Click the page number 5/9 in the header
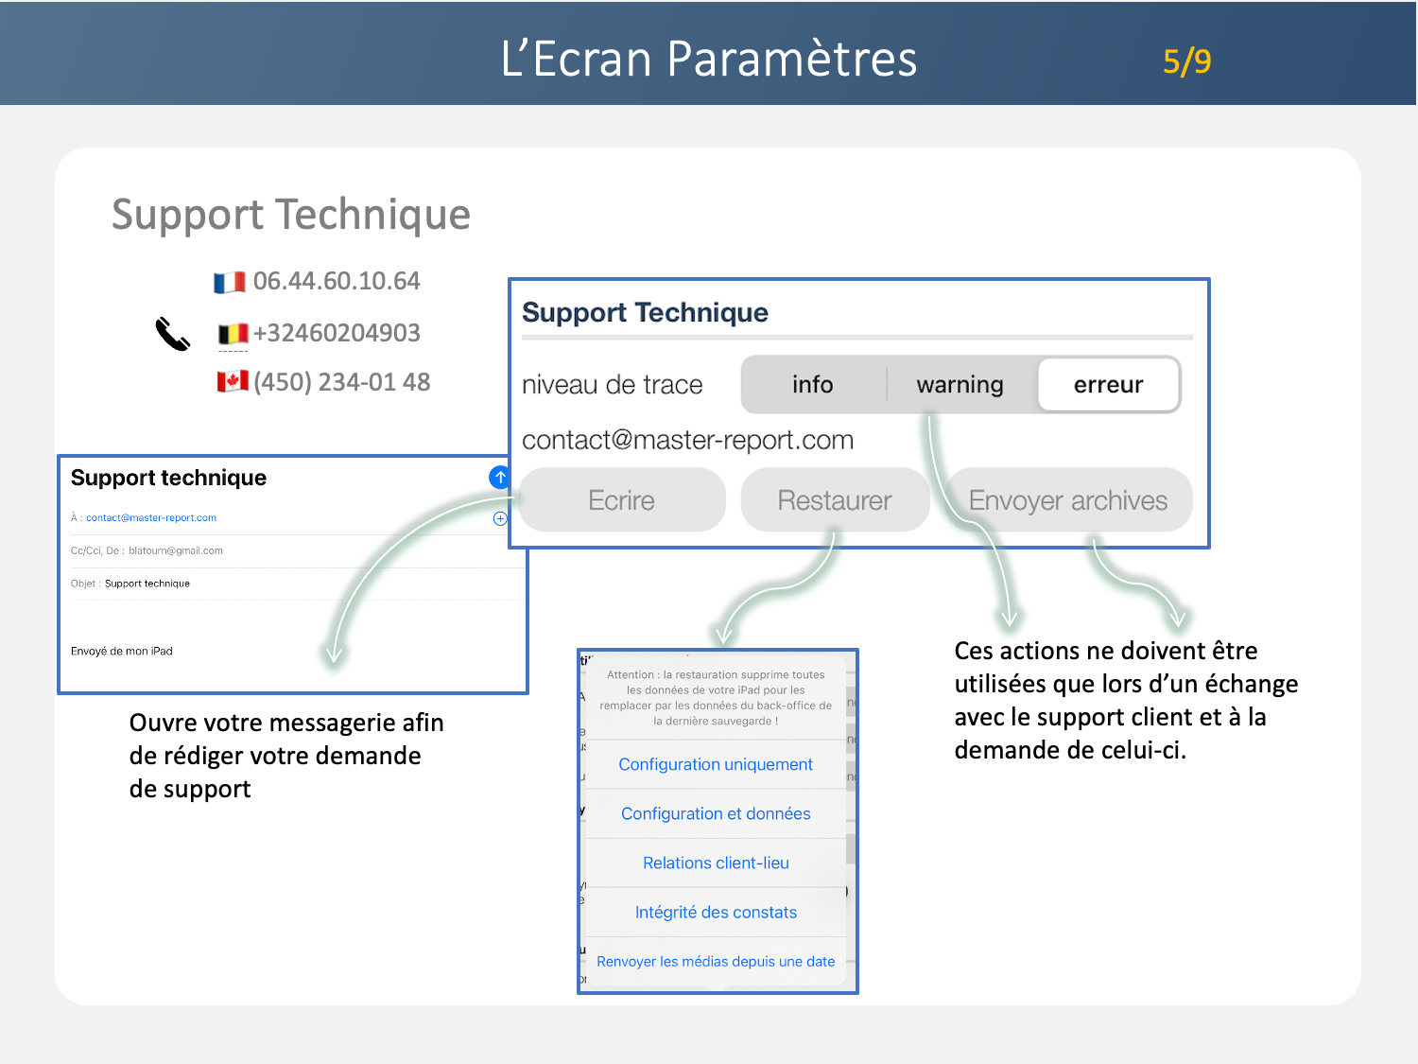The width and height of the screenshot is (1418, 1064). coord(1186,62)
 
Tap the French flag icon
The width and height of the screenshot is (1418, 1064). coord(230,282)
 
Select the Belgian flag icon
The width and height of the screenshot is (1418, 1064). coord(233,333)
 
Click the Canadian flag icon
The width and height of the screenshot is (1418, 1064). coord(233,381)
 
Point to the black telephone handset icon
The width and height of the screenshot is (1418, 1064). coord(172,333)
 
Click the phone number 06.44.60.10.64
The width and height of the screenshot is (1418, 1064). coord(337,281)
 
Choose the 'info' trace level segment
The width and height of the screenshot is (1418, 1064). coord(813,384)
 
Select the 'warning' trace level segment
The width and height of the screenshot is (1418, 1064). coord(960,384)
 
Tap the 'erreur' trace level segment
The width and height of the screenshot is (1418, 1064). coord(1109,384)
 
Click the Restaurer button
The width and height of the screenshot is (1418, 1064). coord(835,500)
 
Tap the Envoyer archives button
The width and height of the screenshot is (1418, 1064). coord(1068,500)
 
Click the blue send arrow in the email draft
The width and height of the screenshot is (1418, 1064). coord(499,478)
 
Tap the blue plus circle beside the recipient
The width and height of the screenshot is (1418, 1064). coord(500,518)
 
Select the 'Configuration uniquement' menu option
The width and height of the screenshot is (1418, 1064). coord(716,764)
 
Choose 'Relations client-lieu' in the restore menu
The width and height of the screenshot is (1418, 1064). coord(716,863)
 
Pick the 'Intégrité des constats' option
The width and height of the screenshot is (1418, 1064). coord(716,912)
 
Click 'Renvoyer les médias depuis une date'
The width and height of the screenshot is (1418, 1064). coord(716,961)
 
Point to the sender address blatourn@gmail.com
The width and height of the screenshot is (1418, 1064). coord(176,550)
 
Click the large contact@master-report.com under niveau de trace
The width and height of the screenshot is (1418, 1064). coord(688,440)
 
